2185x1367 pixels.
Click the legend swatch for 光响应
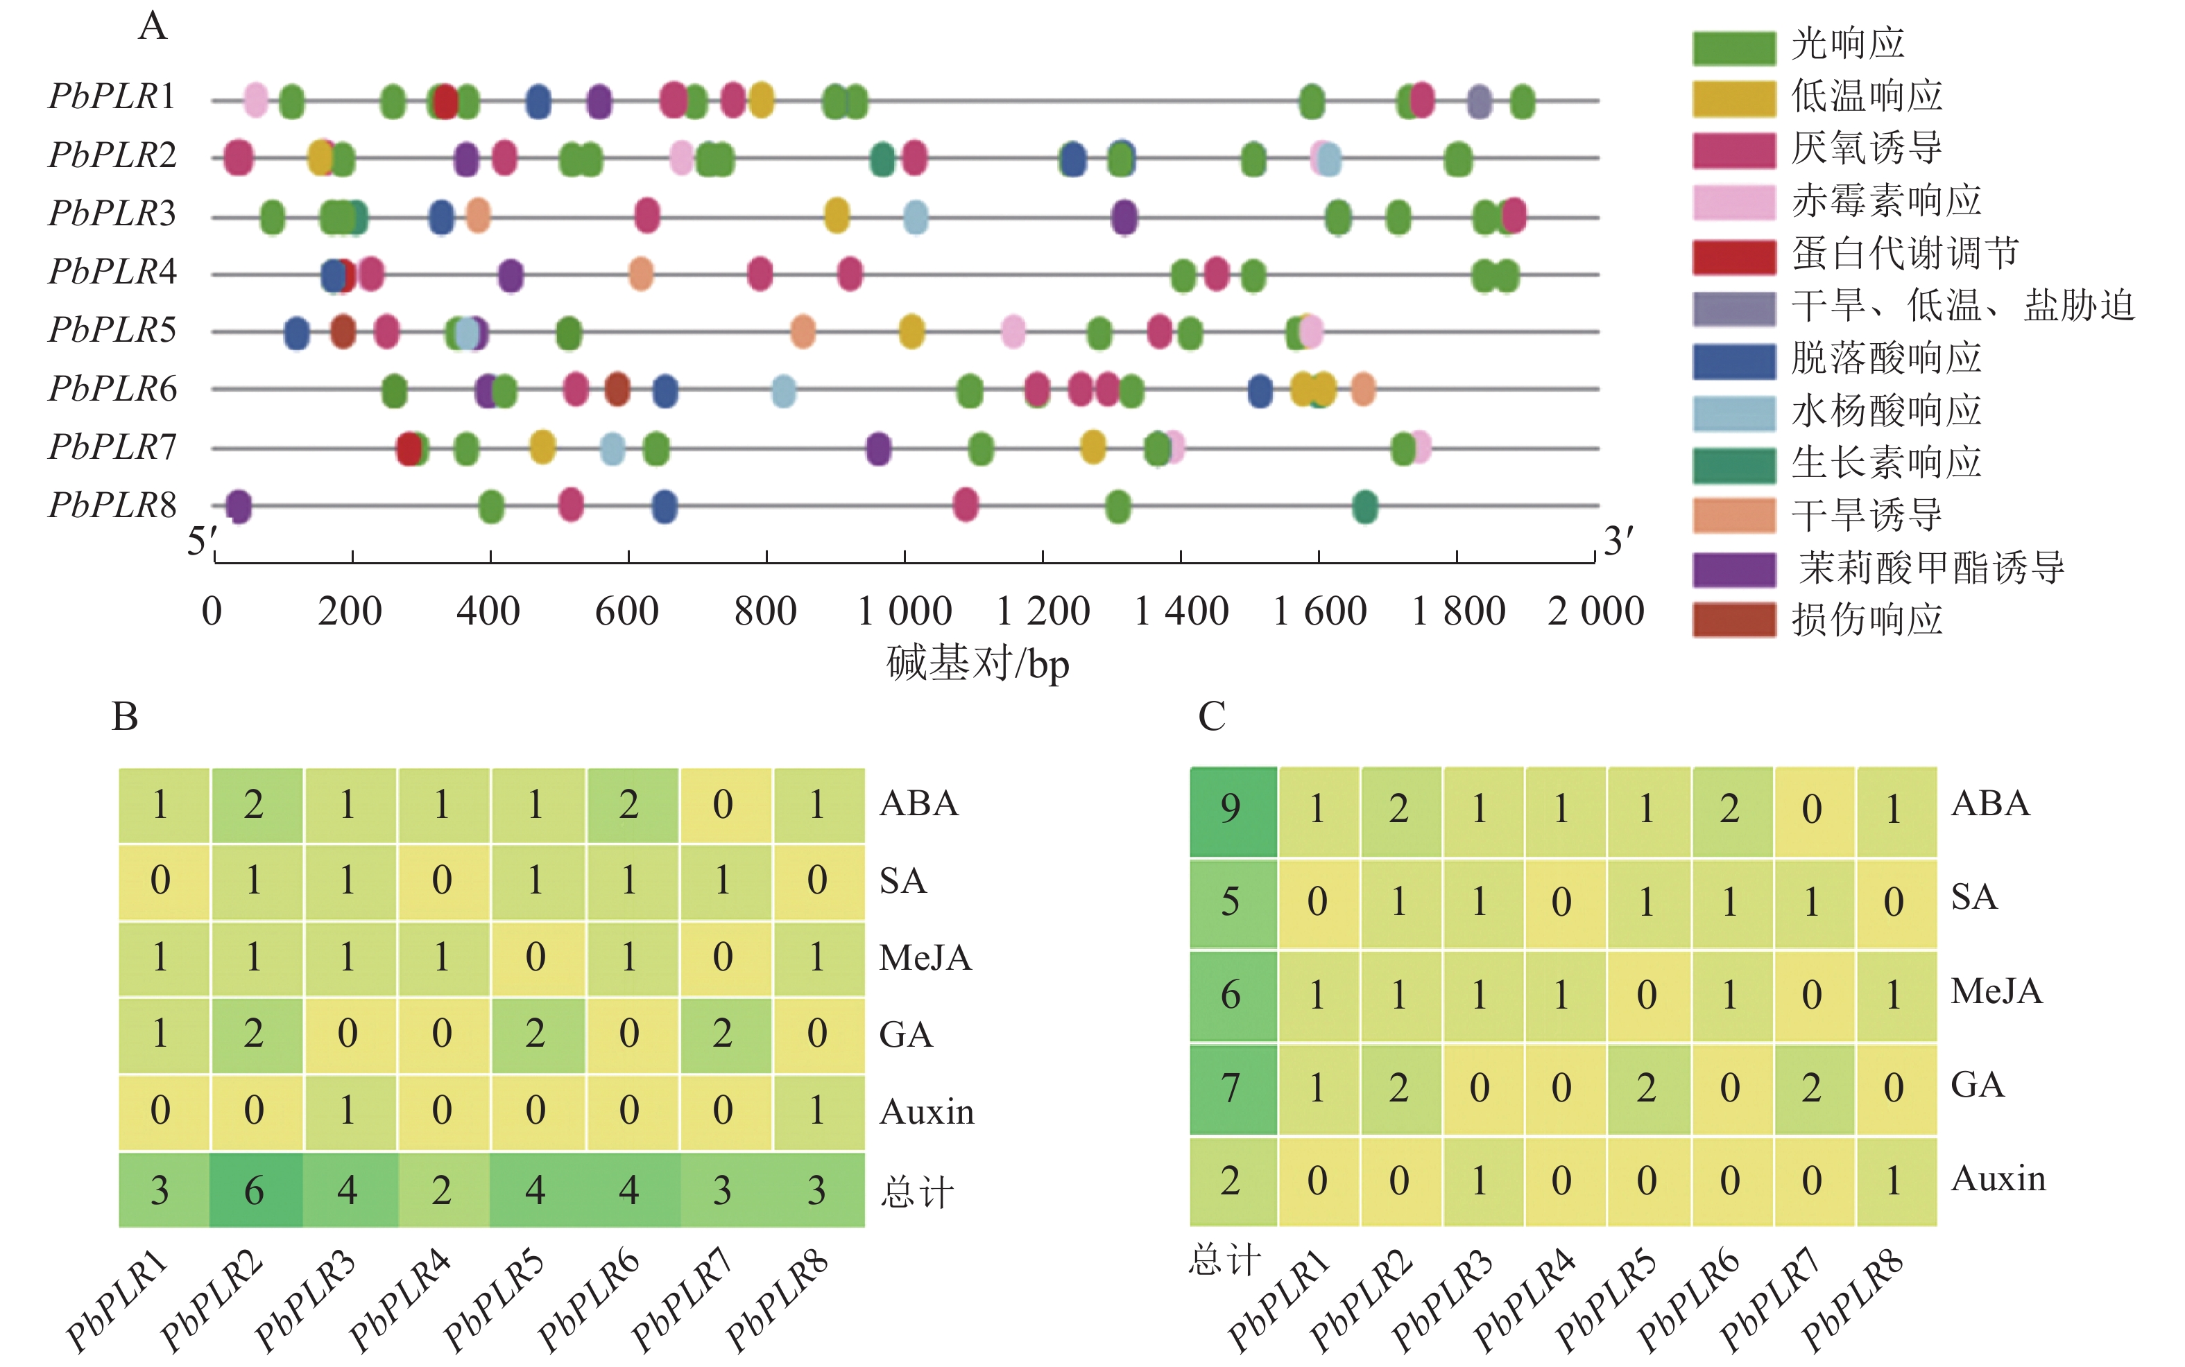(x=1733, y=47)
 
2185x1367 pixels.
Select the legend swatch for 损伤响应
(x=1733, y=620)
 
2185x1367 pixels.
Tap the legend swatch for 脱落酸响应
(x=1733, y=360)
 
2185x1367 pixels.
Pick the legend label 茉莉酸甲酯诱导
(x=1932, y=568)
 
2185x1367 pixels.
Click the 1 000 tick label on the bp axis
(x=905, y=612)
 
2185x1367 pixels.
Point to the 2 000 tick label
(x=1595, y=612)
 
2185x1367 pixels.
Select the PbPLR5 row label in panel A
(x=112, y=330)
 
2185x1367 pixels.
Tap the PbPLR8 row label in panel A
(x=112, y=505)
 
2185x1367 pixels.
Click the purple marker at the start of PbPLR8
(x=238, y=506)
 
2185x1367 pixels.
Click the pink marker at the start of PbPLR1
(x=256, y=99)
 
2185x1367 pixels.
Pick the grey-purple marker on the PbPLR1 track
(x=1479, y=101)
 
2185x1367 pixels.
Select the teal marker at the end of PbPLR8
(x=1364, y=506)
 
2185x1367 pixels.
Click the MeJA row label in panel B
(x=924, y=957)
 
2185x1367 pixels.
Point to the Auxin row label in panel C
(x=1998, y=1178)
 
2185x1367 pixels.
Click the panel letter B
(x=125, y=716)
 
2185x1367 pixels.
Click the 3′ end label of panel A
(x=1618, y=541)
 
